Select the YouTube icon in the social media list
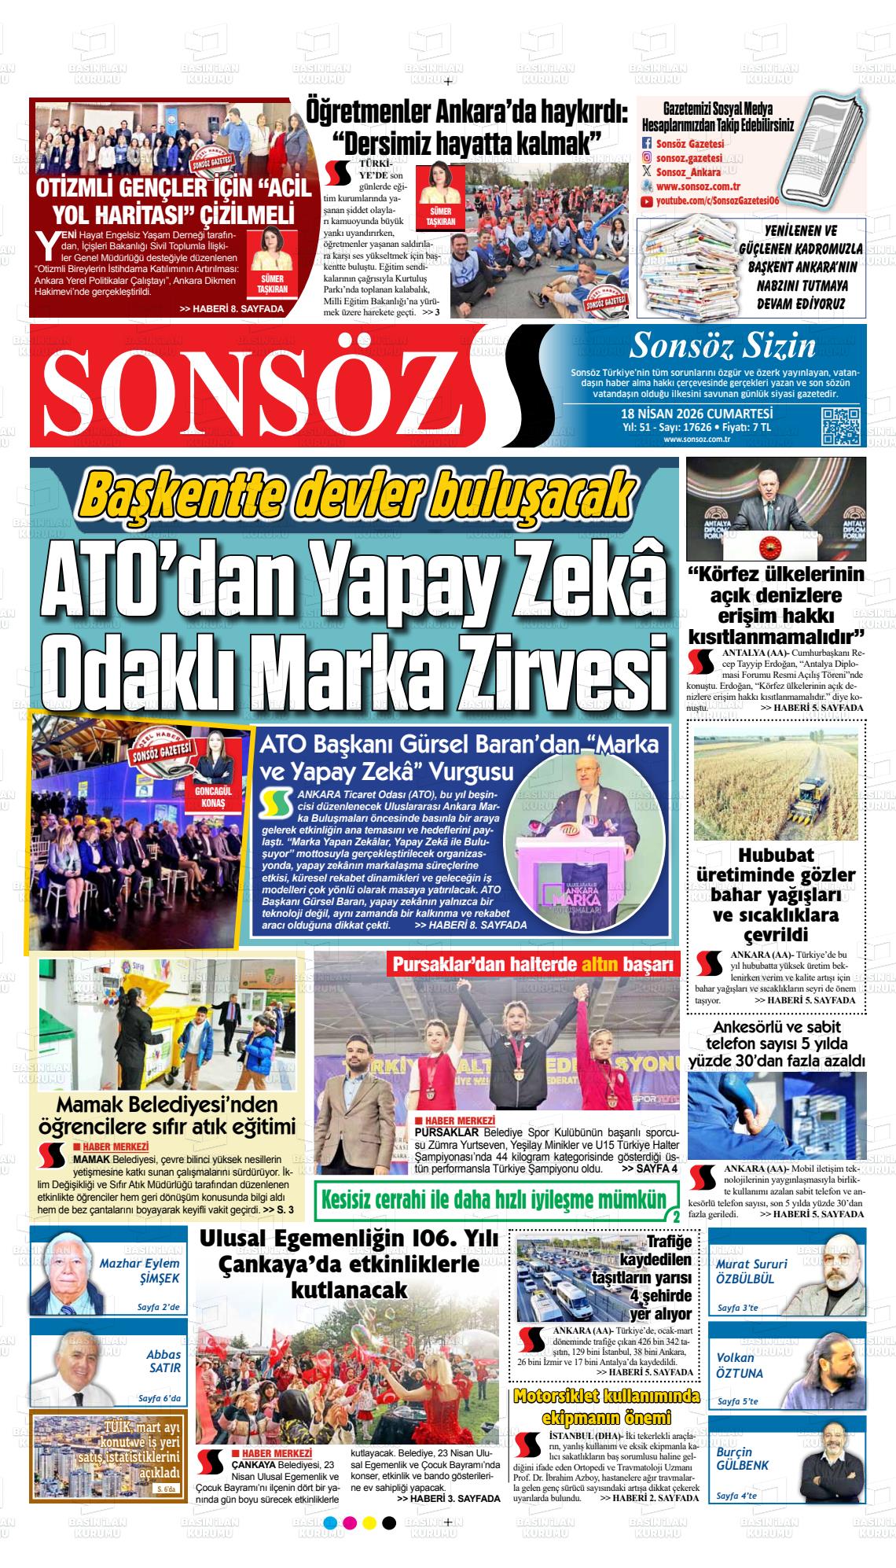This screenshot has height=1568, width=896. pyautogui.click(x=647, y=202)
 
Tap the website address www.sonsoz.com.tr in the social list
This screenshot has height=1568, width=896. pyautogui.click(x=698, y=187)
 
